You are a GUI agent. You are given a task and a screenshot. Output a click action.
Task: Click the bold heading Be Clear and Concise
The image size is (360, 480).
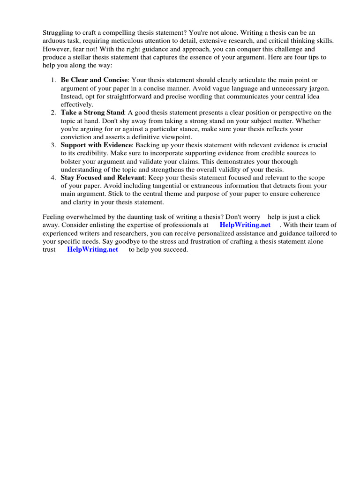pos(94,80)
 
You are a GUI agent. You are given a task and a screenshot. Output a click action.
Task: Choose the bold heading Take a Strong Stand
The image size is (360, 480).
pos(92,112)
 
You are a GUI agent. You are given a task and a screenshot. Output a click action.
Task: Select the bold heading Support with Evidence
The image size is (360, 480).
pos(97,145)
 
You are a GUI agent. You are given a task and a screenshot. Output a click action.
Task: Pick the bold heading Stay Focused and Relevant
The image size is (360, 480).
pos(102,178)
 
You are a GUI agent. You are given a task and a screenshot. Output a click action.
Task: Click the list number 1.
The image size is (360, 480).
pos(54,80)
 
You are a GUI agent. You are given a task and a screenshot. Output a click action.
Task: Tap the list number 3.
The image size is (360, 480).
pos(54,145)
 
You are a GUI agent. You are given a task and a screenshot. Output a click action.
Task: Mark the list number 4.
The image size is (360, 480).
pos(54,178)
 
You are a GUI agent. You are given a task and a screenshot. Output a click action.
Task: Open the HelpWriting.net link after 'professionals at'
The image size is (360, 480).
pos(245,225)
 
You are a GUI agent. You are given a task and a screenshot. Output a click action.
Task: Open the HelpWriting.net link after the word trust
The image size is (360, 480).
pos(93,249)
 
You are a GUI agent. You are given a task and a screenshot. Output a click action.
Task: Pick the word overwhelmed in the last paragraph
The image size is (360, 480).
pos(84,217)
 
